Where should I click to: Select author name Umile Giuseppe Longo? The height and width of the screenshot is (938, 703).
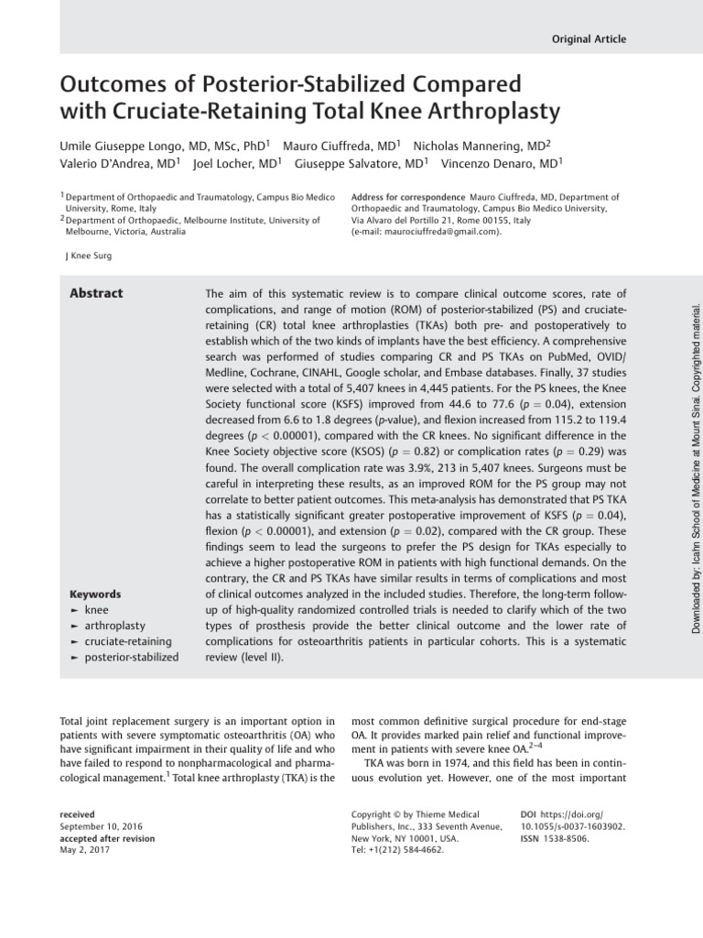[x=120, y=147]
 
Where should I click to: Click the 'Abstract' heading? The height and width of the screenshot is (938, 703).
[x=96, y=293]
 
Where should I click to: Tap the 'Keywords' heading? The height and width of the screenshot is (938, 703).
[x=94, y=568]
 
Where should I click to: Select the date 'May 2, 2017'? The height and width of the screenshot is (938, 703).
[x=85, y=850]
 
